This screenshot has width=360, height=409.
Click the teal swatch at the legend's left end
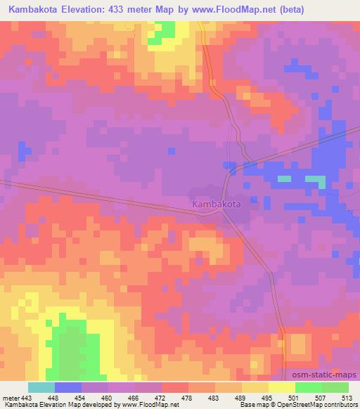[x=41, y=387]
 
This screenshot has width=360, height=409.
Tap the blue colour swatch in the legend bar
[x=68, y=387]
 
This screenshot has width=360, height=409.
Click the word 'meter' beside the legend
[x=11, y=398]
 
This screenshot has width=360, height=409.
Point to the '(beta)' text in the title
[x=338, y=9]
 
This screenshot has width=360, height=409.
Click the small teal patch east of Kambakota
[x=284, y=178]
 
